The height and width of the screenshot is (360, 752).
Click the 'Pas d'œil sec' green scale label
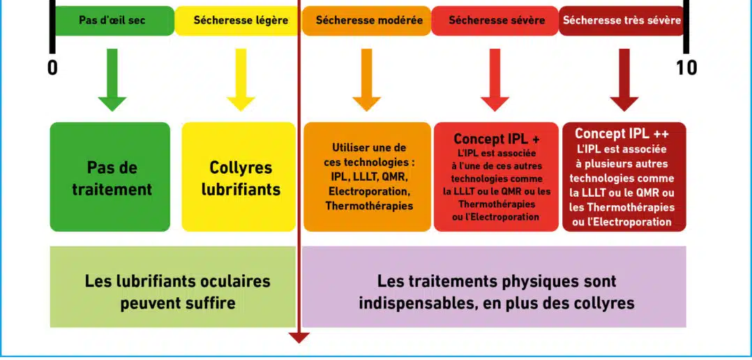[x=112, y=21]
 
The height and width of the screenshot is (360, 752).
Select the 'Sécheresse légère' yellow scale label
[x=241, y=21]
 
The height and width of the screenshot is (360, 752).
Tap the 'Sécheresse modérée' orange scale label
[x=369, y=21]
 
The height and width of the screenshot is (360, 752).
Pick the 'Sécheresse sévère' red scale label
[x=497, y=21]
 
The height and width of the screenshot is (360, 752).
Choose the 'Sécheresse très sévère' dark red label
[x=622, y=21]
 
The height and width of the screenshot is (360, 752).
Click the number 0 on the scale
[x=52, y=68]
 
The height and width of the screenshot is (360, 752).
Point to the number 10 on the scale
[x=686, y=68]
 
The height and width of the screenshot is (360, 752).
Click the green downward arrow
[x=112, y=80]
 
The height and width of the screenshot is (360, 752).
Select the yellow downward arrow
[x=241, y=80]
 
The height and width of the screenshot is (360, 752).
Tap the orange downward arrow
[x=367, y=80]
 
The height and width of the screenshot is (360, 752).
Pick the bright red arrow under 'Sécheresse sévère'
[x=495, y=80]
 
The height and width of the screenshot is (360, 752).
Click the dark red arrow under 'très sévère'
[x=624, y=80]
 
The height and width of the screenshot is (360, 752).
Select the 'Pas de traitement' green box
[x=110, y=177]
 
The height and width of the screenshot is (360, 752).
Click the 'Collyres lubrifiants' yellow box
[x=239, y=177]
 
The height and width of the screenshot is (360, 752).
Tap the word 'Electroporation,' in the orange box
[x=368, y=191]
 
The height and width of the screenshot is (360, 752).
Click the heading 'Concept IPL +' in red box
[x=497, y=139]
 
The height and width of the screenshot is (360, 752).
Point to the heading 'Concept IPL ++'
[x=622, y=133]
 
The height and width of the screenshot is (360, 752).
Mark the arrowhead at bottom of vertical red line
[x=299, y=338]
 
